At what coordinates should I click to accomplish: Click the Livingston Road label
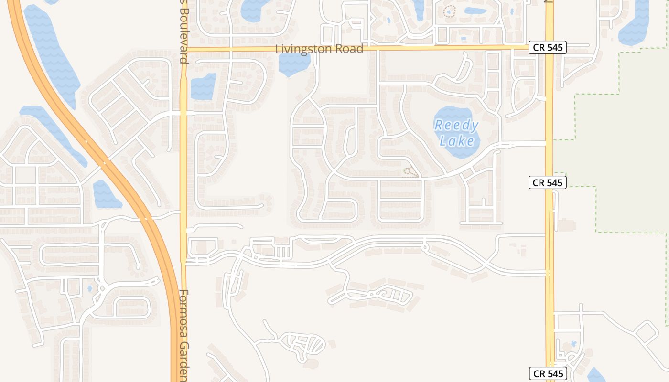pos(319,49)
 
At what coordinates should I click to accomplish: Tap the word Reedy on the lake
pos(456,126)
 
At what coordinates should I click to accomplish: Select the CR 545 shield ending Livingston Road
pos(548,47)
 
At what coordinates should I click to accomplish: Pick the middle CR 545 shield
pos(548,182)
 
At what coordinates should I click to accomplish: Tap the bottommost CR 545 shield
pos(548,374)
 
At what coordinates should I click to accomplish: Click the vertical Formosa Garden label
pos(184,334)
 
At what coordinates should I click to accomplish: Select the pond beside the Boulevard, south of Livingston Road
pos(204,86)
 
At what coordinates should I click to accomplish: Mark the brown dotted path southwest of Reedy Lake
pos(409,172)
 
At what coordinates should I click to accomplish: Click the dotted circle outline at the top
pos(449,11)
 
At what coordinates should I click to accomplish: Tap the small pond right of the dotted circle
pos(475,11)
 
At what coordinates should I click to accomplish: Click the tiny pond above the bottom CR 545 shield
pos(573,343)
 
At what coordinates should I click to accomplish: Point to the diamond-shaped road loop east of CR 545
pos(647,332)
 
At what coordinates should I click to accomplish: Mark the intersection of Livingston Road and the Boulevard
pos(183,49)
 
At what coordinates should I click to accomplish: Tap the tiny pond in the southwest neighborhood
pos(89,288)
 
